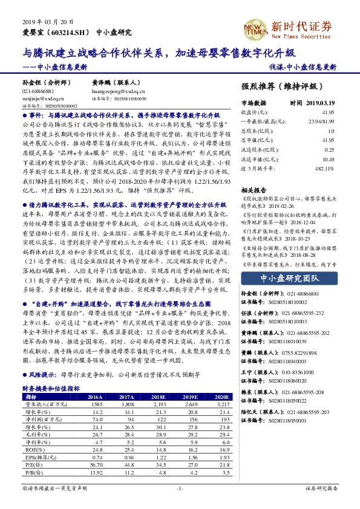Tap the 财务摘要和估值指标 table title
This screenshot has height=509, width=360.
pyautogui.click(x=51, y=389)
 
